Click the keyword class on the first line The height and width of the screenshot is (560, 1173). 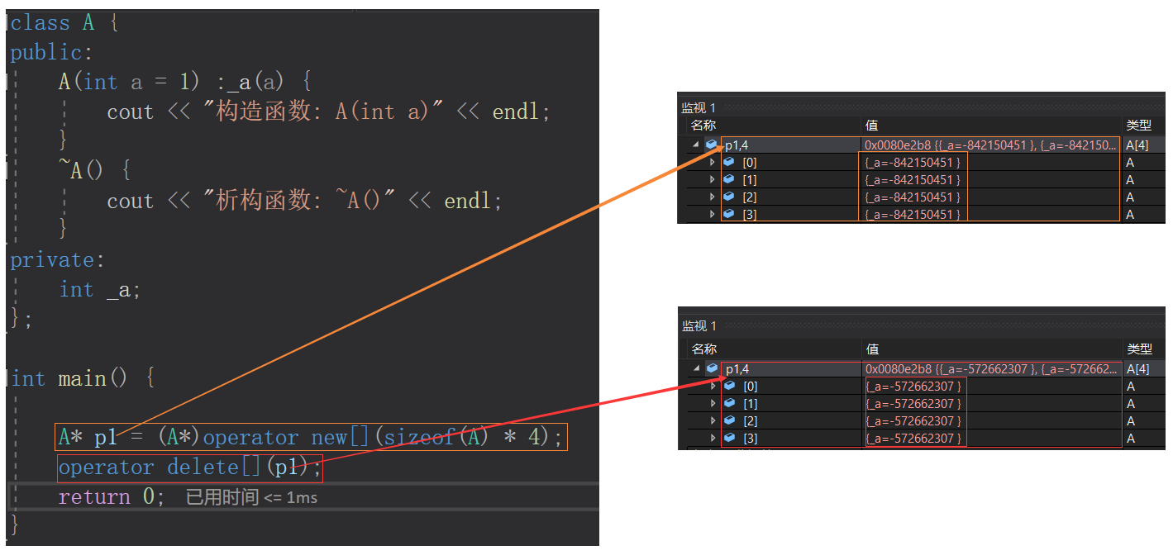pyautogui.click(x=41, y=23)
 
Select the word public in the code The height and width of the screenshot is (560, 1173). pyautogui.click(x=46, y=52)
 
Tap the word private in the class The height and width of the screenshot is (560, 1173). pyautogui.click(x=52, y=260)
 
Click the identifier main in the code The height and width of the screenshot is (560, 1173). pyautogui.click(x=82, y=377)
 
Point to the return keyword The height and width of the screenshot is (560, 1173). pyautogui.click(x=94, y=496)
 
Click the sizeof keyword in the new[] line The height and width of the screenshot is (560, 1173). pyautogui.click(x=419, y=437)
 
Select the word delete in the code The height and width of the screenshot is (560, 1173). pyautogui.click(x=203, y=467)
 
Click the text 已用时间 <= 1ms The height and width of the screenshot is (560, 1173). pyautogui.click(x=251, y=497)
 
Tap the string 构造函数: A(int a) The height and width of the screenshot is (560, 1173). pyautogui.click(x=322, y=112)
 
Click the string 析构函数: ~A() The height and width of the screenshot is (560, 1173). pyautogui.click(x=298, y=201)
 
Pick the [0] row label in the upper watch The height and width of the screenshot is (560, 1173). pyautogui.click(x=750, y=163)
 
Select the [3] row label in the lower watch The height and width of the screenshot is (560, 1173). pyautogui.click(x=751, y=439)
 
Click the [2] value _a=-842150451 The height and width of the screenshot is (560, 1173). pyautogui.click(x=913, y=197)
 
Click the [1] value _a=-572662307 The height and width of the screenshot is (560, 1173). pyautogui.click(x=913, y=404)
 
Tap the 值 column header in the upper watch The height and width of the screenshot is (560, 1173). pyautogui.click(x=872, y=126)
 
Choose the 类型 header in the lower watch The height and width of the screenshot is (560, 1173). pyautogui.click(x=1139, y=349)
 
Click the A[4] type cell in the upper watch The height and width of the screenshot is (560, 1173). pyautogui.click(x=1137, y=145)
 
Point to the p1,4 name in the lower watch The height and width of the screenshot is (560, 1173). pyautogui.click(x=737, y=369)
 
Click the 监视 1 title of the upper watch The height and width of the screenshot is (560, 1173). pyautogui.click(x=698, y=108)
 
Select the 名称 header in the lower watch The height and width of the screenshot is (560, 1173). pyautogui.click(x=703, y=349)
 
